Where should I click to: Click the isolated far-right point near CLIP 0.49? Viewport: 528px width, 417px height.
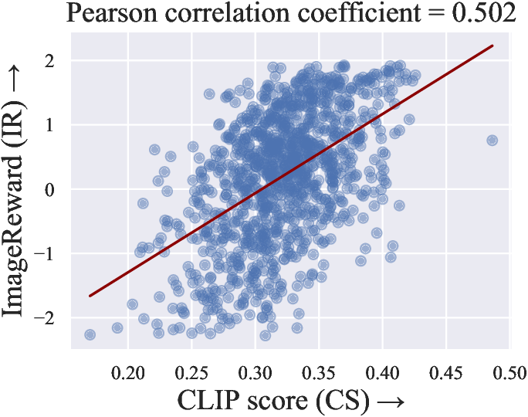coord(492,140)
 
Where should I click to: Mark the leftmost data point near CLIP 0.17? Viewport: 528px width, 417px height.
coord(90,334)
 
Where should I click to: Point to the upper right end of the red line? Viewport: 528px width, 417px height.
coord(492,46)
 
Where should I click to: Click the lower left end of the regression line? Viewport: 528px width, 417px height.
coord(90,296)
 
